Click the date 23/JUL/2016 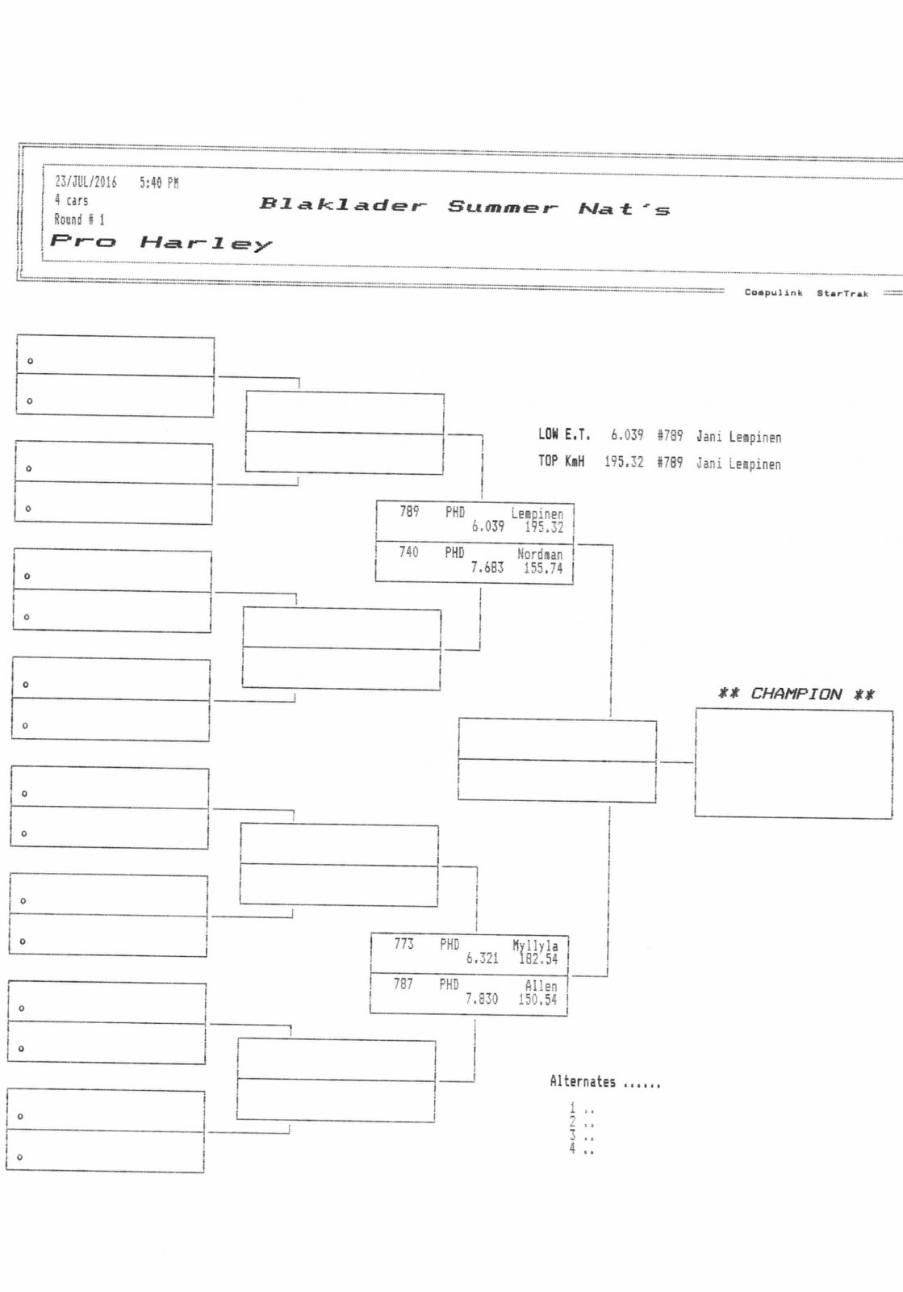(x=86, y=182)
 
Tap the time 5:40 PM (x=159, y=183)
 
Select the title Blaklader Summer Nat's (x=464, y=207)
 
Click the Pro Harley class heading (x=161, y=241)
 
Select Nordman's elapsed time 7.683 (x=487, y=568)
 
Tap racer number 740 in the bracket (x=409, y=552)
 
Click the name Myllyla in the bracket (x=535, y=946)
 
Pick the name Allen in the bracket (x=541, y=986)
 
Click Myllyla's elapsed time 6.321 (x=482, y=959)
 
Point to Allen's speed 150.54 (x=537, y=1000)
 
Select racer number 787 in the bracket (x=403, y=984)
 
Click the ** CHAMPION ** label (x=796, y=694)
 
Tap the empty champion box (x=793, y=763)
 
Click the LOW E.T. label (x=564, y=434)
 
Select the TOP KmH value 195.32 (x=624, y=462)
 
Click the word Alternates (x=583, y=1081)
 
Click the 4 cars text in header (x=71, y=200)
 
